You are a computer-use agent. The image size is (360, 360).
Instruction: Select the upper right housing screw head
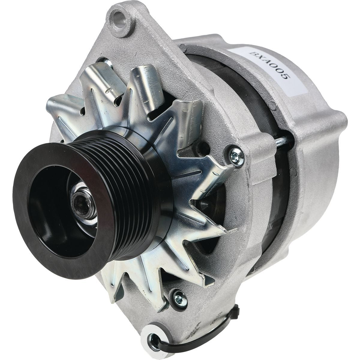pos(233,155)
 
